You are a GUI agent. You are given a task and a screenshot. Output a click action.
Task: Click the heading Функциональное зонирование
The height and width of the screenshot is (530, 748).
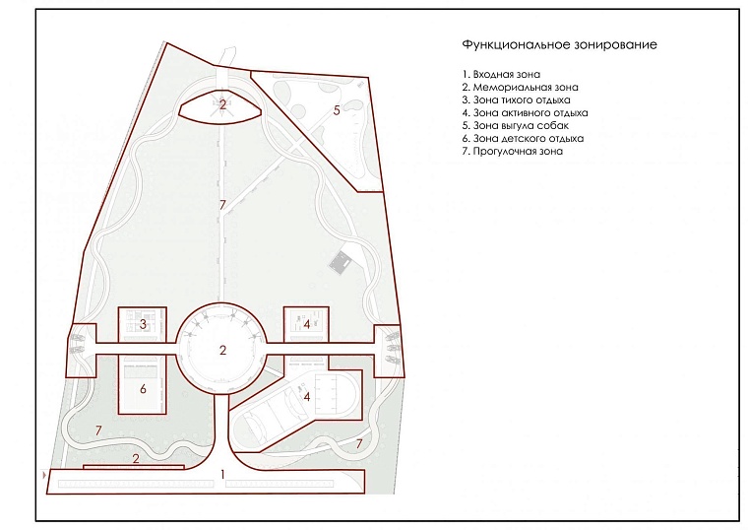(559, 45)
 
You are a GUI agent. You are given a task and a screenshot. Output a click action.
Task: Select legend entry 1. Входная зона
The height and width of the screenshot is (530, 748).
(501, 75)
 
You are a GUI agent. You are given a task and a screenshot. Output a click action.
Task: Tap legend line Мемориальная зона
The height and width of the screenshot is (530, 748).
(520, 88)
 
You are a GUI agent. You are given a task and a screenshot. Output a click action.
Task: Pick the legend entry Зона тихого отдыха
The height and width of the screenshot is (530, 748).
(516, 100)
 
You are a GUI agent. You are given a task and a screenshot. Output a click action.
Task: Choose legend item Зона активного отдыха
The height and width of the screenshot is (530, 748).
(525, 113)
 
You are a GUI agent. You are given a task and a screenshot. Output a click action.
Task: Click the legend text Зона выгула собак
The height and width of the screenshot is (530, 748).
(515, 126)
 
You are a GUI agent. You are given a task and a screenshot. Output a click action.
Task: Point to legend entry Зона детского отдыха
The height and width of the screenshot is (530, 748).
(523, 139)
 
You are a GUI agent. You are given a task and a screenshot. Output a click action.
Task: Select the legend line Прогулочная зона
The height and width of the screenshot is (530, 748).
(513, 152)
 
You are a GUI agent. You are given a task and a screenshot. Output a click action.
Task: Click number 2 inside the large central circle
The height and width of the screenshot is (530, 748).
(222, 350)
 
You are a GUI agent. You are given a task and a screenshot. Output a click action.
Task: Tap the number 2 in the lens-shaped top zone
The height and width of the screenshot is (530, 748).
(222, 104)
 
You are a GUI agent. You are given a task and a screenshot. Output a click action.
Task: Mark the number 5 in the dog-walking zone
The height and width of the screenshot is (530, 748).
(337, 110)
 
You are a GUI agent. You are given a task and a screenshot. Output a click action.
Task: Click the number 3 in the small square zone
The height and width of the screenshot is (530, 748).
(143, 324)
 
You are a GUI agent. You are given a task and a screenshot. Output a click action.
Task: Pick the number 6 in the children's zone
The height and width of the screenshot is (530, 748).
(143, 389)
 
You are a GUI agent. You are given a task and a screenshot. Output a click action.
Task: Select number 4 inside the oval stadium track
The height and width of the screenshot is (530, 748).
(307, 396)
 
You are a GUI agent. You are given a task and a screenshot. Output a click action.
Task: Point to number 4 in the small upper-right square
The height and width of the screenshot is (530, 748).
(307, 325)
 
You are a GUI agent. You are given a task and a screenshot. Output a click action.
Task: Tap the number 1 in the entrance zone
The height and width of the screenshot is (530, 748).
(222, 475)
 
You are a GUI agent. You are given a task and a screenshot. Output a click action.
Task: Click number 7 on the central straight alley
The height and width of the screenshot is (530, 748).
(222, 205)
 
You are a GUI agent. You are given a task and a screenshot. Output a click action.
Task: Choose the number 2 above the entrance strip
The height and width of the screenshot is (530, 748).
(136, 459)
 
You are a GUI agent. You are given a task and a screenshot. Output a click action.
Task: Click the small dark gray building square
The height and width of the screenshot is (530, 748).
(342, 263)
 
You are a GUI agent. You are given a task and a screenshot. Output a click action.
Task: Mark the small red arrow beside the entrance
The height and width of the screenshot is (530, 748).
(45, 475)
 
